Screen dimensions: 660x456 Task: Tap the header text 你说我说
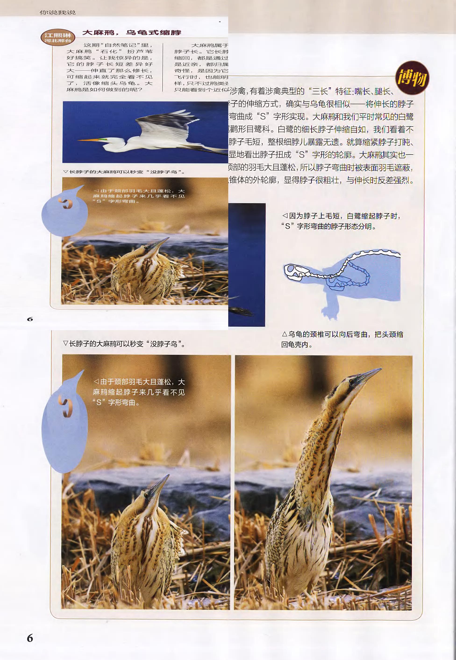click(57, 12)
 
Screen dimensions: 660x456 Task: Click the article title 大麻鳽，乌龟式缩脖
click(132, 32)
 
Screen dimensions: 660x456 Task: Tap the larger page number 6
click(30, 638)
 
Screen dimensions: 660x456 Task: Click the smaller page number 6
click(30, 319)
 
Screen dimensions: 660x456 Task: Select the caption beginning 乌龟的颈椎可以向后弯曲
click(342, 339)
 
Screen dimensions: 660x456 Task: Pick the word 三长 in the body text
click(320, 91)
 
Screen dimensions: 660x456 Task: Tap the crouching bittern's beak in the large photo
click(160, 485)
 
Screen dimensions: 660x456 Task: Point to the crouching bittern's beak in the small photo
click(160, 243)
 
